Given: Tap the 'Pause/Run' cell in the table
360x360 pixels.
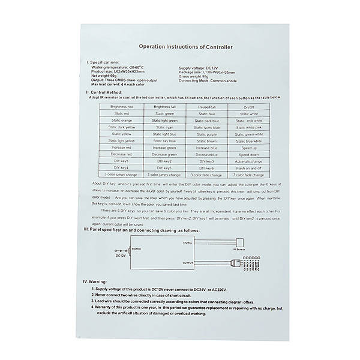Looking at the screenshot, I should pyautogui.click(x=205, y=106).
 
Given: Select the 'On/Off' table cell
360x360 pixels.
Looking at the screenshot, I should pyautogui.click(x=248, y=106).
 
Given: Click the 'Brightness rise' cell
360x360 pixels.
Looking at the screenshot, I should pyautogui.click(x=122, y=106).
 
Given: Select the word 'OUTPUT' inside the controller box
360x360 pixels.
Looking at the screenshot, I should pyautogui.click(x=188, y=263).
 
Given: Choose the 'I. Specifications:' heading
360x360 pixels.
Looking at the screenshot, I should pyautogui.click(x=103, y=62).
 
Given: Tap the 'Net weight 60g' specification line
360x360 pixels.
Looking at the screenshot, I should pyautogui.click(x=104, y=75).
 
